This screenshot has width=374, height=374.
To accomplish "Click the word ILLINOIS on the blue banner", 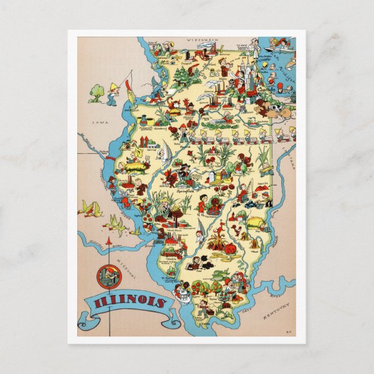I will tap(128, 303).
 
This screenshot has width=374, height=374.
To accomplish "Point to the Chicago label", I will tap(252, 91).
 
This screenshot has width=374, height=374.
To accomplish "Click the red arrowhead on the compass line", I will tap(108, 239).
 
